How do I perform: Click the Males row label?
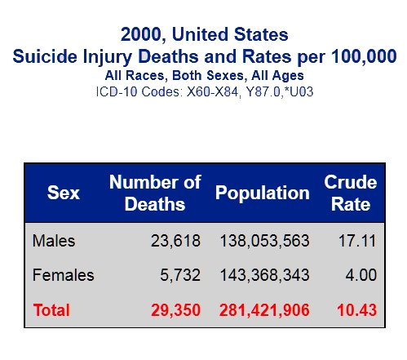(x=54, y=241)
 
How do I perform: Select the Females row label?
(x=64, y=275)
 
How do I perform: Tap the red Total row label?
(x=51, y=310)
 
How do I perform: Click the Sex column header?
(x=64, y=193)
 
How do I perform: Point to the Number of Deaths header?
(x=155, y=193)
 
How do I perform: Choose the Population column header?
(x=263, y=193)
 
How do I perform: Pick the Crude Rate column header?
(x=351, y=193)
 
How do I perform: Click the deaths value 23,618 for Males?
(x=175, y=241)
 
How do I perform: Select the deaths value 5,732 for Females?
(x=180, y=275)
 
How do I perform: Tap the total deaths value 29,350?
(x=175, y=310)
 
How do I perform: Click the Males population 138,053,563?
(x=264, y=241)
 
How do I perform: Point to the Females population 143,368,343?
(x=264, y=275)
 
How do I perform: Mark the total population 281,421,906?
(x=264, y=310)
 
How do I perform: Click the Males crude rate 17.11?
(x=357, y=241)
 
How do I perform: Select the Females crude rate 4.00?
(x=361, y=275)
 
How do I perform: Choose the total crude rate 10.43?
(x=357, y=310)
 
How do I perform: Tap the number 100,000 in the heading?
(x=364, y=56)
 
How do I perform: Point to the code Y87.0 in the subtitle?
(x=263, y=91)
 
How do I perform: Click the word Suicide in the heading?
(x=45, y=56)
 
